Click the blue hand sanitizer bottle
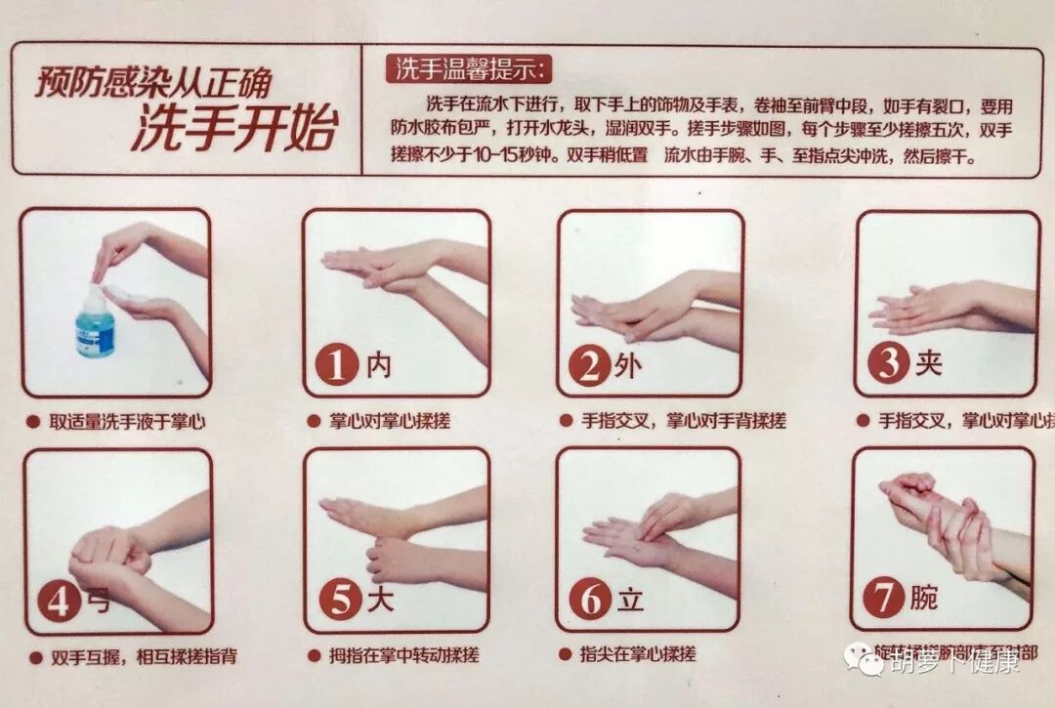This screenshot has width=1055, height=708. pos(95,324)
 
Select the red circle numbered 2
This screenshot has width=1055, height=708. pos(589,365)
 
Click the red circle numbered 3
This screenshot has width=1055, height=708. pos(888,364)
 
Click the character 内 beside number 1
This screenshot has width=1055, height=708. pos(378,365)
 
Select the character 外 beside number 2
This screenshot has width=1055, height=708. pos(628,365)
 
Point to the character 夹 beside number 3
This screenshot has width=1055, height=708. pos(927,364)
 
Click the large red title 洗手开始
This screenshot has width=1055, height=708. pos(234,129)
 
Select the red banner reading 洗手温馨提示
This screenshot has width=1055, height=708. pos(472,69)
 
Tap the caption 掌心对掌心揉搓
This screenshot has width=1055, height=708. pos(377,422)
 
